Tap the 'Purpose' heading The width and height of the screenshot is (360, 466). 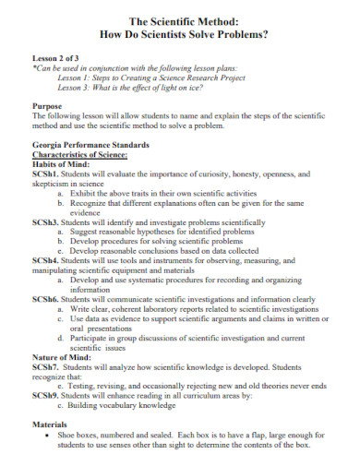click(49, 106)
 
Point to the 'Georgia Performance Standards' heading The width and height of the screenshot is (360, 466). click(89, 146)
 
